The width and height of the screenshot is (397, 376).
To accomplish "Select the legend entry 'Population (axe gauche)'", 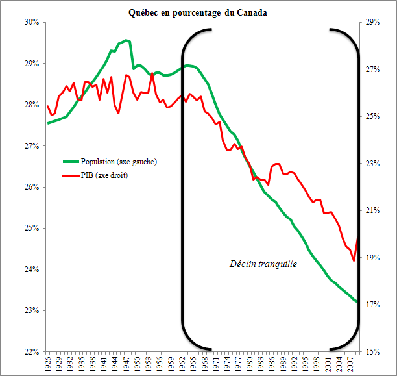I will [119, 161].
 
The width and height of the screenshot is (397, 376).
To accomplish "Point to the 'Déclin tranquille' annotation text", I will [263, 264].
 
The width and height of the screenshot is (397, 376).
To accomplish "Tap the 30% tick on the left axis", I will [32, 22].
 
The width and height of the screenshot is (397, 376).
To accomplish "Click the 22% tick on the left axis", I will [32, 352].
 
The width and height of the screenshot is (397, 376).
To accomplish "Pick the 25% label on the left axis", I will [32, 229].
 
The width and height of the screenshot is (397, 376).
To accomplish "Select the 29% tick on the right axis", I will [372, 22].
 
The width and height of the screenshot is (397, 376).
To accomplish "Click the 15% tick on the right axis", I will [372, 352].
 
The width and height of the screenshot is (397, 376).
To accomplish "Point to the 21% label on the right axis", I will [372, 210].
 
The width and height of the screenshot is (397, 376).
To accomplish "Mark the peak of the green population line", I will [126, 40].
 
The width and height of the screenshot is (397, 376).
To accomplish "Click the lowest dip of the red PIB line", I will [354, 261].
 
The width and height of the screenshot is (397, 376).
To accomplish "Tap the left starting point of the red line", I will [47, 106].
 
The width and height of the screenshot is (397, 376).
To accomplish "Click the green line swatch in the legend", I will [70, 161].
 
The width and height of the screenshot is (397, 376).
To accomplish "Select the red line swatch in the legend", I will [70, 175].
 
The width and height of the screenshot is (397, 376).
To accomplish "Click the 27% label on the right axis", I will [372, 69].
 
